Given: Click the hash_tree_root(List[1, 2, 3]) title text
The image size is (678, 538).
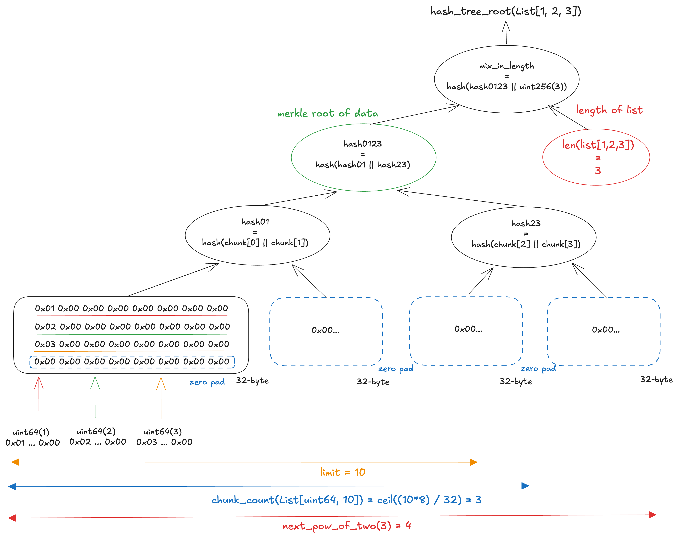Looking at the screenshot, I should (505, 11).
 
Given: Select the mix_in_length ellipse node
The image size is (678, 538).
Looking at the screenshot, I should (506, 79).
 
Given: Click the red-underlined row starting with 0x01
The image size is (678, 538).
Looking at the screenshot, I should (131, 309).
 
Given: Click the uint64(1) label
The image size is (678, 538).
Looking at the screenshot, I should (31, 432).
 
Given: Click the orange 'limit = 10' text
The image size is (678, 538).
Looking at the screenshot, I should (342, 472).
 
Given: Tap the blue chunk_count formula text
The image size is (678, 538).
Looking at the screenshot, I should (346, 500).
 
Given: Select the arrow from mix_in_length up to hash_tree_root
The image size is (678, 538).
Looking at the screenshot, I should (506, 33).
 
